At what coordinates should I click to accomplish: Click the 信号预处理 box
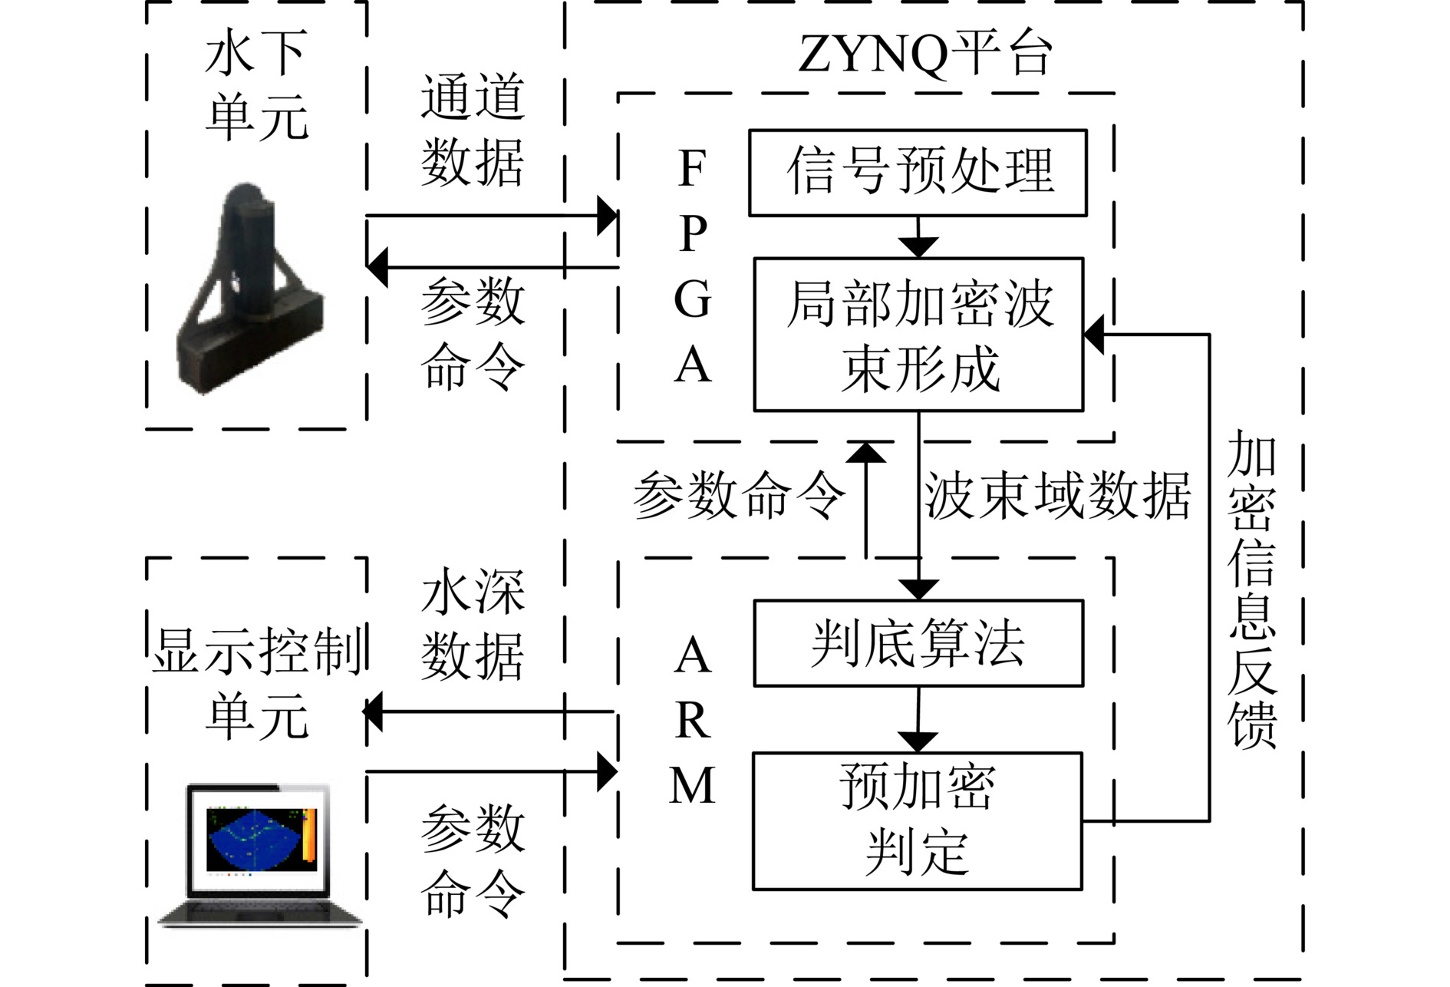click(x=918, y=173)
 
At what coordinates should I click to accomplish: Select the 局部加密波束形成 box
click(x=918, y=335)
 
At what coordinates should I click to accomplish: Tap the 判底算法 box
click(x=918, y=643)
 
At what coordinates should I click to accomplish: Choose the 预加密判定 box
click(x=918, y=820)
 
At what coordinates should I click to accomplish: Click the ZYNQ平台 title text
click(x=924, y=54)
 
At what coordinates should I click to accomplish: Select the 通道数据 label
click(x=472, y=130)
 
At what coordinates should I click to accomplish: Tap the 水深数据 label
click(x=472, y=624)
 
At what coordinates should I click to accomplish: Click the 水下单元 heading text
click(x=256, y=85)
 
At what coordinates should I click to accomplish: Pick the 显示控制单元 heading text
click(x=258, y=682)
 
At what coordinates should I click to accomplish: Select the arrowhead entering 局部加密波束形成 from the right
click(x=1095, y=335)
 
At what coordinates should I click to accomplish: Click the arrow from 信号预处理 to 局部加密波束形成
click(x=918, y=239)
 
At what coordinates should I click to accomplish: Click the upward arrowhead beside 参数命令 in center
click(x=866, y=454)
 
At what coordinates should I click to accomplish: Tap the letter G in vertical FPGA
click(x=692, y=299)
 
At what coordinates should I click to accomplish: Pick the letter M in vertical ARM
click(x=692, y=786)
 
